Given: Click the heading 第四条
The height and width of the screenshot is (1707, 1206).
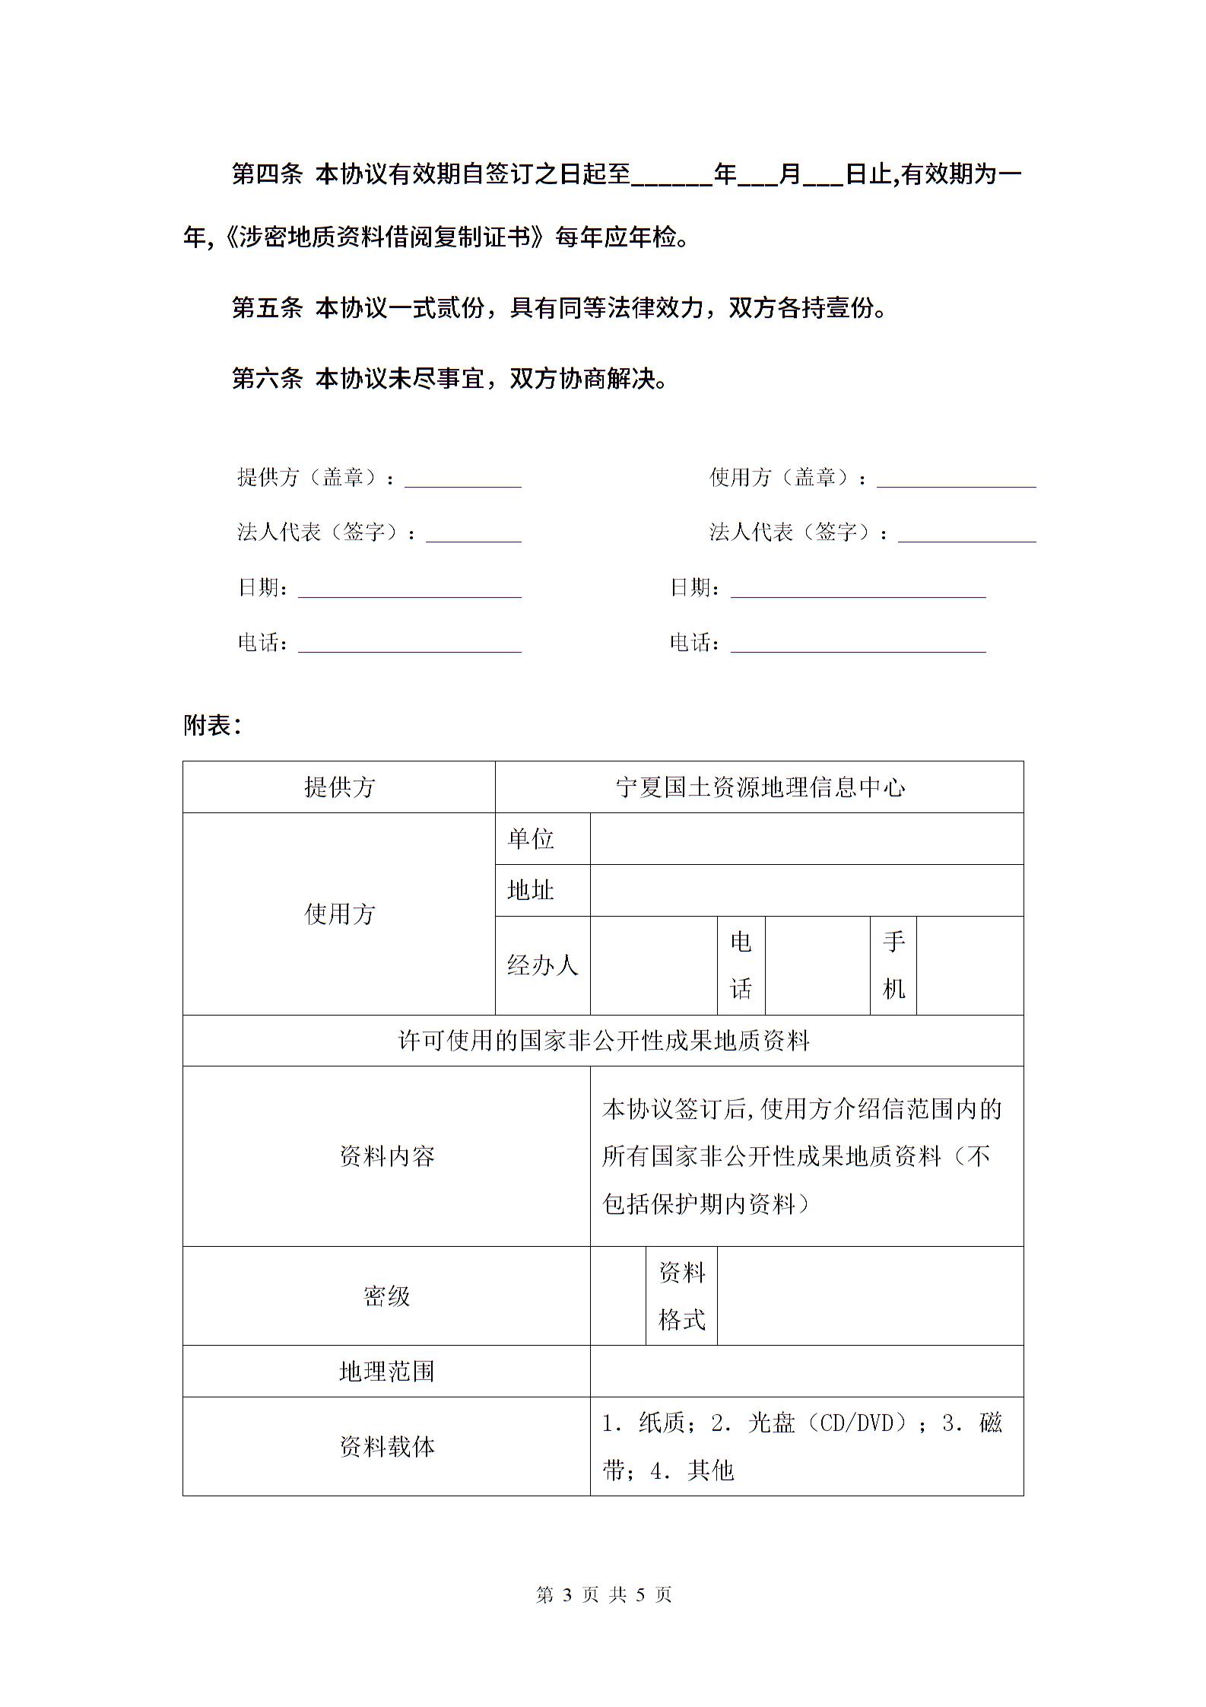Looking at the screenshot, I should (267, 175).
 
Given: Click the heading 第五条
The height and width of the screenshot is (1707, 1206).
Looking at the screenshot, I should (267, 308).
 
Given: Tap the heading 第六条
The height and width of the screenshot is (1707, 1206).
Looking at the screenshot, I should (267, 378).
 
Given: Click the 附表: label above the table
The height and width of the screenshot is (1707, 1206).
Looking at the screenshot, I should (212, 726).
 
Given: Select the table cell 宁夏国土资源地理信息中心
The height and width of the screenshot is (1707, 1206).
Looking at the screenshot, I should (759, 787).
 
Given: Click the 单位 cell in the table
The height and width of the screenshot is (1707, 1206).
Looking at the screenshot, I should (531, 839).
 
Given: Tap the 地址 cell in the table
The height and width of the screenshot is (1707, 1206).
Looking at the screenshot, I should (531, 890).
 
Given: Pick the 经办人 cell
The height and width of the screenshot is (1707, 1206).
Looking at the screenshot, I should (542, 965).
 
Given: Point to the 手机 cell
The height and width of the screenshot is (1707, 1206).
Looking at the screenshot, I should (893, 965).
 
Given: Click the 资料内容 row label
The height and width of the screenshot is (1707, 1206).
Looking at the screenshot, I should (386, 1156).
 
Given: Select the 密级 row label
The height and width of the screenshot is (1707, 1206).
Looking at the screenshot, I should (386, 1296).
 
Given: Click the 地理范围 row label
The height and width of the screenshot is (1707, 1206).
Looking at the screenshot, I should (386, 1372).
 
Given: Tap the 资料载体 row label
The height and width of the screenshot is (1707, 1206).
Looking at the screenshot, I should (386, 1446).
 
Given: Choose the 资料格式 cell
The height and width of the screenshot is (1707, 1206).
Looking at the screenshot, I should (681, 1296).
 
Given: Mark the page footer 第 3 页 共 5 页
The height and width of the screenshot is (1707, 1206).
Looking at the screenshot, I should (604, 1594).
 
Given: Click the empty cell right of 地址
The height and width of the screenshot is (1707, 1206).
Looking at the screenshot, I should (806, 890).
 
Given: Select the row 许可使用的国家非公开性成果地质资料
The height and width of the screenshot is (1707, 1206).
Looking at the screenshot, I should (603, 1041).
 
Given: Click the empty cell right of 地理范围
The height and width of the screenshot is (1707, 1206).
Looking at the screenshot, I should (806, 1372).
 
